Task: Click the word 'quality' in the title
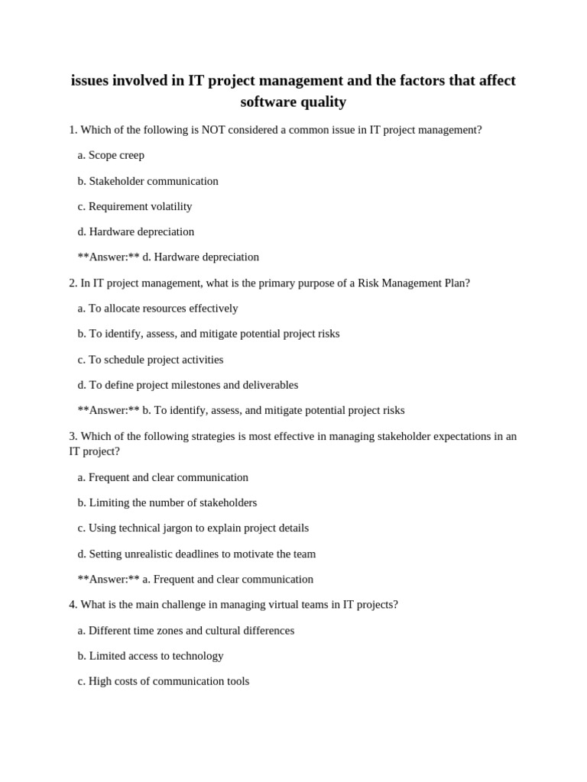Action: point(322,102)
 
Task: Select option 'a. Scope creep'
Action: point(111,155)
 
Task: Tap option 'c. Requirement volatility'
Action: point(135,206)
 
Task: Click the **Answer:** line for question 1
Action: point(168,257)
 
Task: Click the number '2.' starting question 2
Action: point(73,283)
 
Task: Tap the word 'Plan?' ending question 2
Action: point(456,283)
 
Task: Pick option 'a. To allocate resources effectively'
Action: point(157,308)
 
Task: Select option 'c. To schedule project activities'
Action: point(151,359)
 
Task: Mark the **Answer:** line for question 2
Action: point(241,410)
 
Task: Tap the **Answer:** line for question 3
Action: point(195,579)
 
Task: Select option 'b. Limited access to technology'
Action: point(151,655)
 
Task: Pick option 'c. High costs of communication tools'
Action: point(163,680)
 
